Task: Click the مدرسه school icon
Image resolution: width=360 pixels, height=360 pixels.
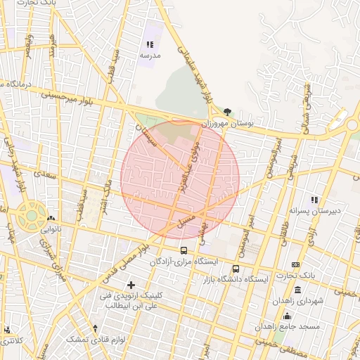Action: point(150,44)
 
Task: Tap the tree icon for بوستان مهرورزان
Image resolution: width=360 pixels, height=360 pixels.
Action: point(226,112)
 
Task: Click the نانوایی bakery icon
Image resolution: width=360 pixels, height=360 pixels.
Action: point(51,219)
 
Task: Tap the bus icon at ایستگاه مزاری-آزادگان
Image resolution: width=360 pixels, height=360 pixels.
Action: point(184,250)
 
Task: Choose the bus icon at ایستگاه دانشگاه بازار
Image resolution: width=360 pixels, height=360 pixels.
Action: point(236,269)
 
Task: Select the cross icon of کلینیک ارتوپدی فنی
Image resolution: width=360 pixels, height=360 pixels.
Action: point(130,284)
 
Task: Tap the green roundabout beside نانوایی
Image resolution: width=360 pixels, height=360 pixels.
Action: point(31,217)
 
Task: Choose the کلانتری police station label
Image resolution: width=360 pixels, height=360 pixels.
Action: point(13,340)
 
